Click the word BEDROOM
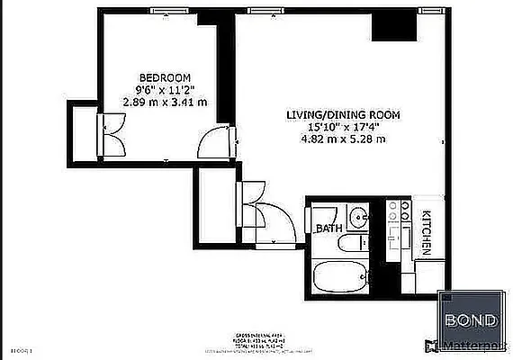pos(165,77)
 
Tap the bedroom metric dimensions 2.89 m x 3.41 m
pos(165,103)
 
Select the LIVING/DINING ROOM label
pos(343,115)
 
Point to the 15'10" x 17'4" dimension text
pos(343,127)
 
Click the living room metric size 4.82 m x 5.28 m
pos(343,139)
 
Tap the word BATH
pos(328,229)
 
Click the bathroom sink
pos(358,217)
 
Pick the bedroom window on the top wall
pos(164,11)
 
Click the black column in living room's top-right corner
pos(393,27)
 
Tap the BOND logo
pos(473,316)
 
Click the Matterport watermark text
pos(478,346)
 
